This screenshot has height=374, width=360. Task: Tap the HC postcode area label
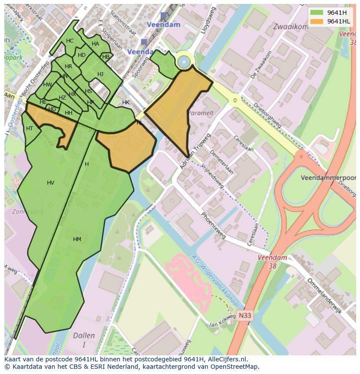click(70, 41)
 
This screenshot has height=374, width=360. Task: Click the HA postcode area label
click(95, 44)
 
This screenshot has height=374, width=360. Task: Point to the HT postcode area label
click(30, 129)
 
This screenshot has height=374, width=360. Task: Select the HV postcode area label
click(50, 183)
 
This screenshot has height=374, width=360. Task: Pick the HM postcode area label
click(77, 239)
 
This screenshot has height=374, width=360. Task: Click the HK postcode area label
click(126, 103)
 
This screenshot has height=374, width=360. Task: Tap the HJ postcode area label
click(100, 74)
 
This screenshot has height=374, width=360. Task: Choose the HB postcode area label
click(106, 56)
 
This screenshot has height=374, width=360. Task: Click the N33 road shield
click(245, 316)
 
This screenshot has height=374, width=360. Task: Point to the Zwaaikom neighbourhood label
click(290, 26)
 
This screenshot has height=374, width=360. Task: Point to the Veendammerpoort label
click(328, 178)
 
